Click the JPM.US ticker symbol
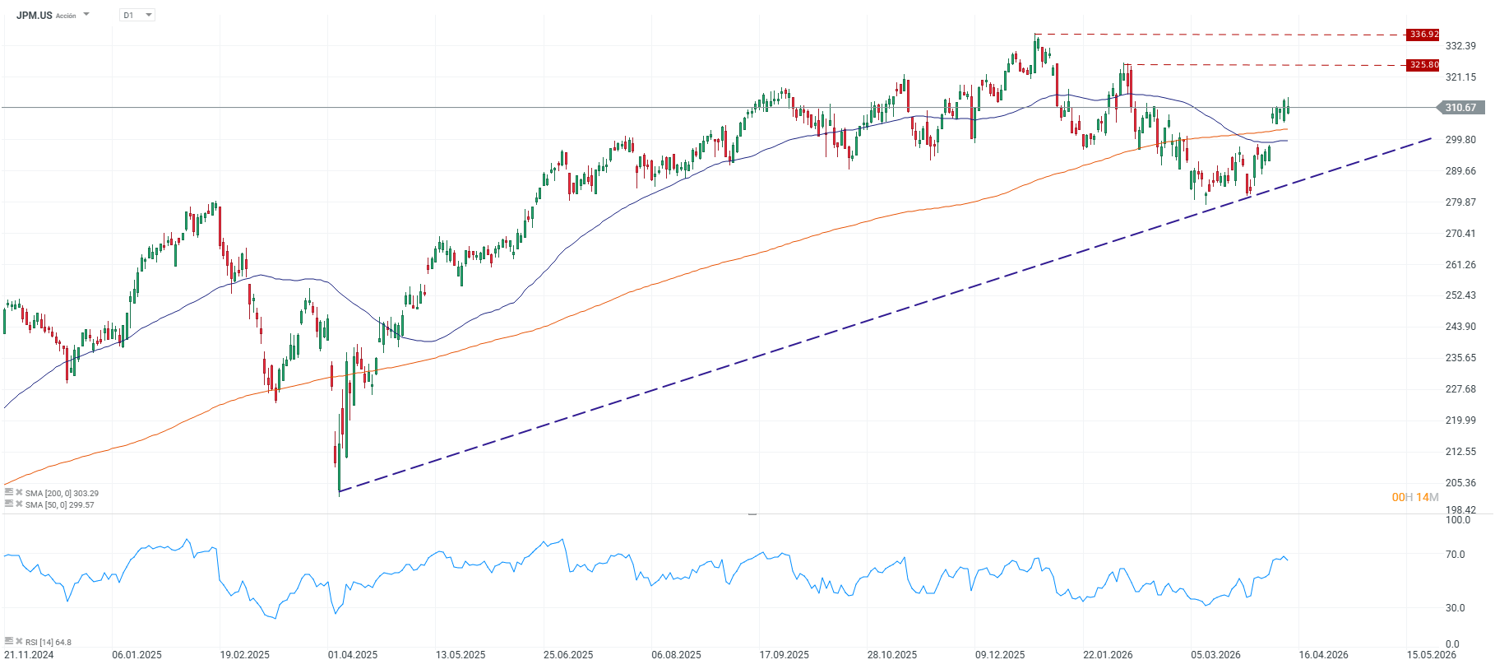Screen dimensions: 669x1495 35,16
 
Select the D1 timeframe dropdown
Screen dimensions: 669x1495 137,16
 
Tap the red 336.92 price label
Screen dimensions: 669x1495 1423,35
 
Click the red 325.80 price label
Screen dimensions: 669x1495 1423,64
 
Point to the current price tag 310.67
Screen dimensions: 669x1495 1460,108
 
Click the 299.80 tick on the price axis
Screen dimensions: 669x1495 1460,140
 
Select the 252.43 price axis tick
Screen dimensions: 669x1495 1460,295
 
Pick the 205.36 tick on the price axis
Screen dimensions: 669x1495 1460,483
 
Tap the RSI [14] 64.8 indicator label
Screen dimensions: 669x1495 48,642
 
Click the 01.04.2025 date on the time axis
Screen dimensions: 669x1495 353,655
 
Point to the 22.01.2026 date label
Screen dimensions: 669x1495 1108,655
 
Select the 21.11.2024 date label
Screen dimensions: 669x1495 29,655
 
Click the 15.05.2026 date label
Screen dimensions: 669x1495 1431,655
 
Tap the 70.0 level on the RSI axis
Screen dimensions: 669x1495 1456,555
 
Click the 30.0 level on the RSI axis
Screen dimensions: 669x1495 1456,608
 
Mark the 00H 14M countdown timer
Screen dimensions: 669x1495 1415,497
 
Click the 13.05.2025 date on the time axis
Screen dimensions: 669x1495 461,655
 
